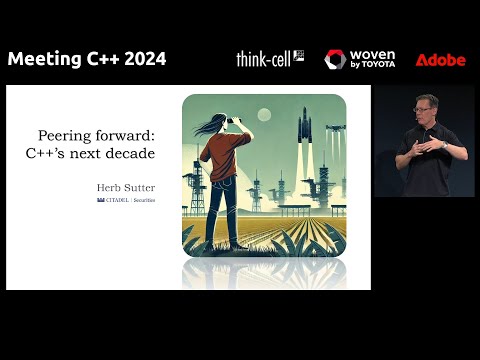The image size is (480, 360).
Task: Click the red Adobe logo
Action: (440, 60)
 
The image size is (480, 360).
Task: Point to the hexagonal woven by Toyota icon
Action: (335, 60)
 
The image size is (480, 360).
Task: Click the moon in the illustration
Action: (264, 113)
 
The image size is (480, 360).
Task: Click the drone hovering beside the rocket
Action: (336, 128)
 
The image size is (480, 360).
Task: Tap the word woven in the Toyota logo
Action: (372, 55)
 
